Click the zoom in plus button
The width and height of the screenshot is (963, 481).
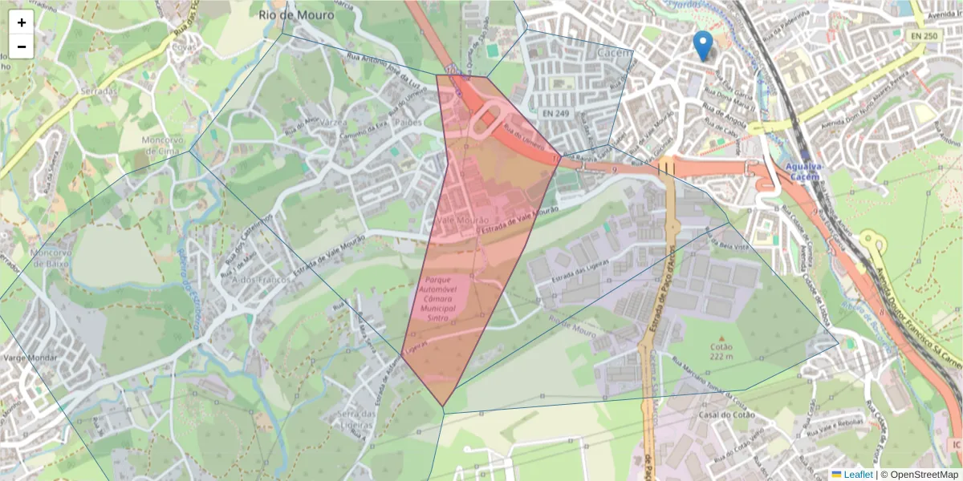point(21,22)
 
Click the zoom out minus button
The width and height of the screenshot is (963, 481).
point(21,46)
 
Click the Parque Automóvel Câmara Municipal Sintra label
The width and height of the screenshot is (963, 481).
point(438,298)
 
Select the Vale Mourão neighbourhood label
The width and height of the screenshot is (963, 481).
point(463,220)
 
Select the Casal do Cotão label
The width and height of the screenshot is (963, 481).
point(723,415)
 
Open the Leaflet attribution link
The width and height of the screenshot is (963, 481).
point(858,475)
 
